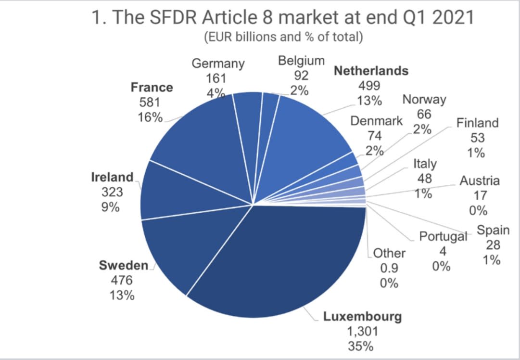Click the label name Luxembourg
tap(362, 317)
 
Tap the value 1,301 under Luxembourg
tap(362, 331)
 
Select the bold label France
tap(152, 88)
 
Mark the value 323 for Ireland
tap(112, 192)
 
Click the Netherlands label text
tap(371, 71)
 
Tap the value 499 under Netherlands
tap(369, 86)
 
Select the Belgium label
tap(302, 61)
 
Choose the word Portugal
tap(443, 236)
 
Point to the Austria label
tap(480, 181)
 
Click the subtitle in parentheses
tap(283, 38)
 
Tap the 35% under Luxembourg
tap(362, 346)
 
